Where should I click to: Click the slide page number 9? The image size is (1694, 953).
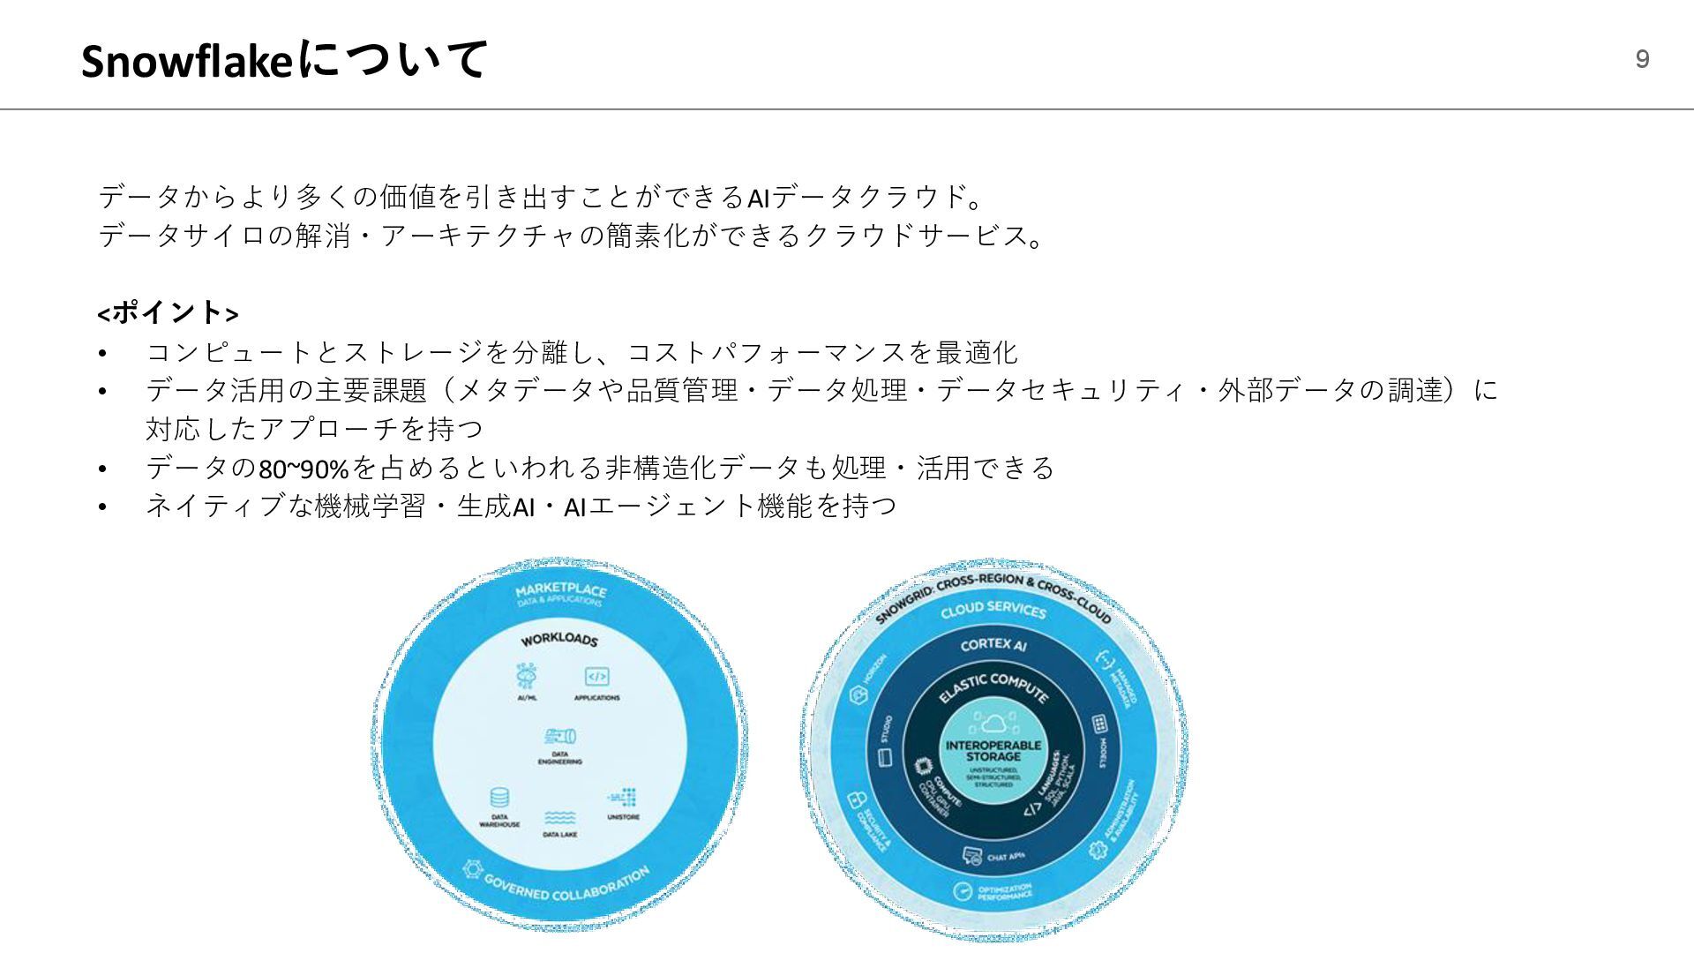(x=1642, y=59)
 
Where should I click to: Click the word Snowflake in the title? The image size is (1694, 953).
(x=186, y=62)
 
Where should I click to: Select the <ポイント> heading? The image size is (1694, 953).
(x=168, y=312)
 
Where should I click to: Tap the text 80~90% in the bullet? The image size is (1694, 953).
(x=304, y=468)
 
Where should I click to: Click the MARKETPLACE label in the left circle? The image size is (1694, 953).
(x=560, y=590)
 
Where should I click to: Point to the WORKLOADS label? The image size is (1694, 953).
(x=558, y=638)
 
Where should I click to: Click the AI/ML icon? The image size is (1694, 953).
(x=527, y=676)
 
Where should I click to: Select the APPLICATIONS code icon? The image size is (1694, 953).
(x=596, y=677)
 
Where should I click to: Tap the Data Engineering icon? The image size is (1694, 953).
(x=560, y=736)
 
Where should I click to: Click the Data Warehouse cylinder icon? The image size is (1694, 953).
(x=499, y=798)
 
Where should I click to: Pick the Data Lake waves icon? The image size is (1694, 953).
(x=559, y=818)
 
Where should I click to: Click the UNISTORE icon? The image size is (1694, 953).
(x=623, y=797)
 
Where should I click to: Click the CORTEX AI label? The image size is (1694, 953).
(x=993, y=645)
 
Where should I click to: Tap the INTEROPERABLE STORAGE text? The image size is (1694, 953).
(x=993, y=751)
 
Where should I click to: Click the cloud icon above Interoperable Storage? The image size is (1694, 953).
(x=993, y=724)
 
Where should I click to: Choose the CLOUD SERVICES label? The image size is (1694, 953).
(x=993, y=609)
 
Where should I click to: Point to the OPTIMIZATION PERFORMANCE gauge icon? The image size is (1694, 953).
(x=963, y=891)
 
